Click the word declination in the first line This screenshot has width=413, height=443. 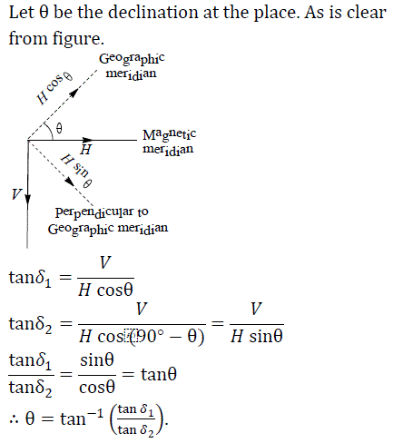(153, 13)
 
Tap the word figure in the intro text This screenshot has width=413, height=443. (78, 40)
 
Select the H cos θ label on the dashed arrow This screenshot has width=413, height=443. (54, 88)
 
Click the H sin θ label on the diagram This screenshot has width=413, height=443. (76, 171)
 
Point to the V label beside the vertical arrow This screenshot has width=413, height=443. (16, 194)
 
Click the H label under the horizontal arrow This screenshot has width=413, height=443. (86, 150)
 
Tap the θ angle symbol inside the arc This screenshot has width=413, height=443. (59, 128)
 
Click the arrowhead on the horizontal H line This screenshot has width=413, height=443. (88, 140)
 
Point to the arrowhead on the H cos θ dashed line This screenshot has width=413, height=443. (73, 93)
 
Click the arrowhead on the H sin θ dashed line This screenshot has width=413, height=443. (70, 181)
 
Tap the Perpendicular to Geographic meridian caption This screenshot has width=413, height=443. (108, 221)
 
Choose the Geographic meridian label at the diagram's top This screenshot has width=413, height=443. (132, 66)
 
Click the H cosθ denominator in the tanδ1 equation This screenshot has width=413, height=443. (105, 290)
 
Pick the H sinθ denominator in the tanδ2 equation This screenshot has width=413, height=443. (257, 336)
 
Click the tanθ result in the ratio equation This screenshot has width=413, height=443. (159, 374)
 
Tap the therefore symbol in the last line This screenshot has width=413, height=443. (14, 419)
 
